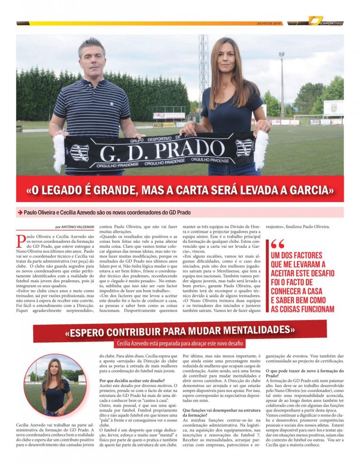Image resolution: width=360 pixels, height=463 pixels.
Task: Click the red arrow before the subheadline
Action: (x=20, y=212)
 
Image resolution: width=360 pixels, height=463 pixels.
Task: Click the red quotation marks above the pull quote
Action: (x=278, y=244)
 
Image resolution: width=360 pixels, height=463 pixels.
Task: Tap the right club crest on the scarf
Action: (x=244, y=147)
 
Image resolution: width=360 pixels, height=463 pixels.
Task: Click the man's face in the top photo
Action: (x=92, y=58)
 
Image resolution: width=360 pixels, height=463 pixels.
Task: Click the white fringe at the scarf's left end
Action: (x=59, y=153)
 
